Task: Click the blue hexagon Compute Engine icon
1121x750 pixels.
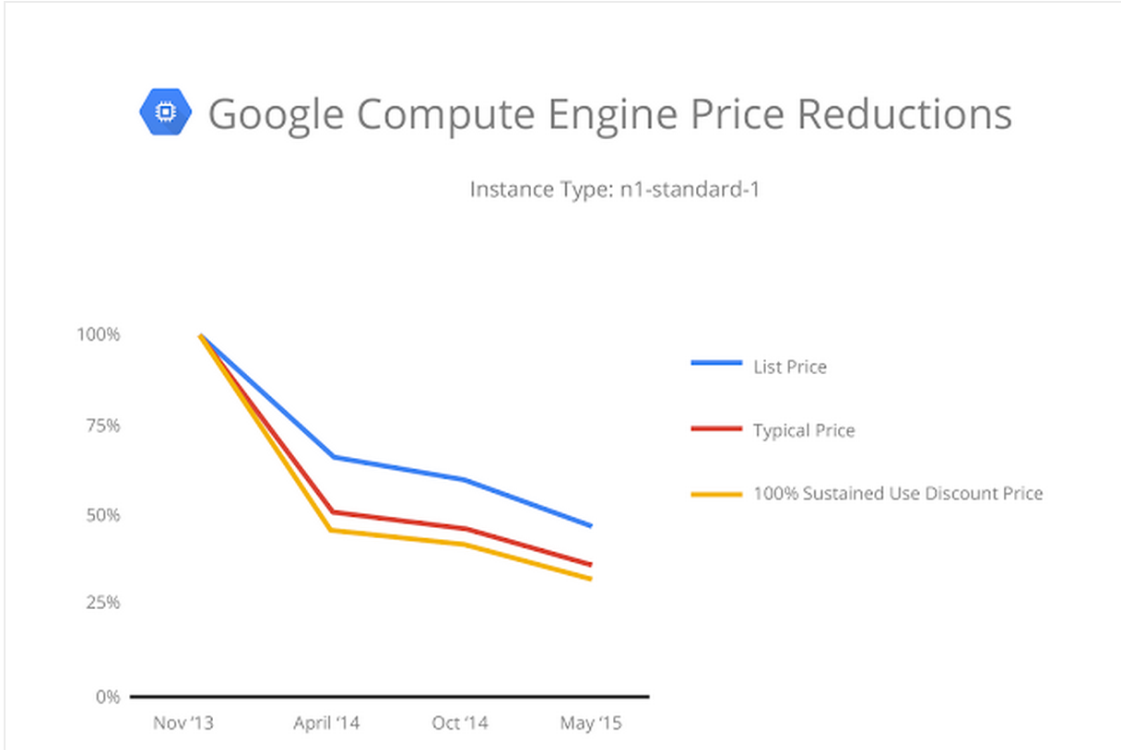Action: [166, 111]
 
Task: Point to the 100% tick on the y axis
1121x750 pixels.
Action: [99, 334]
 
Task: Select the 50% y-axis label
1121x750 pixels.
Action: [102, 514]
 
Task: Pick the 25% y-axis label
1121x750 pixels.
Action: [102, 603]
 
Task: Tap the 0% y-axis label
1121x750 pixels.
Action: [107, 697]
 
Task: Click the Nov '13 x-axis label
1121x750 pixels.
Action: [183, 723]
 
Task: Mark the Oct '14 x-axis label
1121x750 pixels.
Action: [459, 723]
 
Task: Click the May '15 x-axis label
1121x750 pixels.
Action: [590, 723]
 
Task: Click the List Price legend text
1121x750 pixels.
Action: [789, 367]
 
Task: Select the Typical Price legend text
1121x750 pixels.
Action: [803, 430]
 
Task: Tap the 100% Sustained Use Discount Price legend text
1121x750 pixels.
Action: [897, 494]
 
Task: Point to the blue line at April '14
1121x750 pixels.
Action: [332, 457]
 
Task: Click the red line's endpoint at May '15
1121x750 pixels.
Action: [590, 564]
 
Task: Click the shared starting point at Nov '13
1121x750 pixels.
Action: [201, 336]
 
